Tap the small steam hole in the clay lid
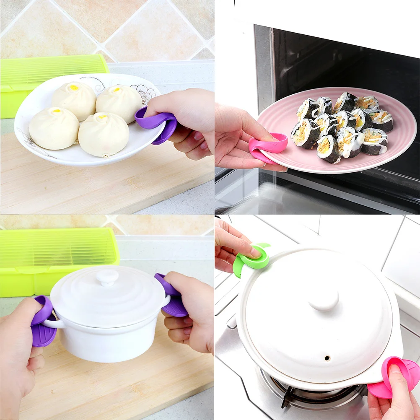(327, 358)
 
